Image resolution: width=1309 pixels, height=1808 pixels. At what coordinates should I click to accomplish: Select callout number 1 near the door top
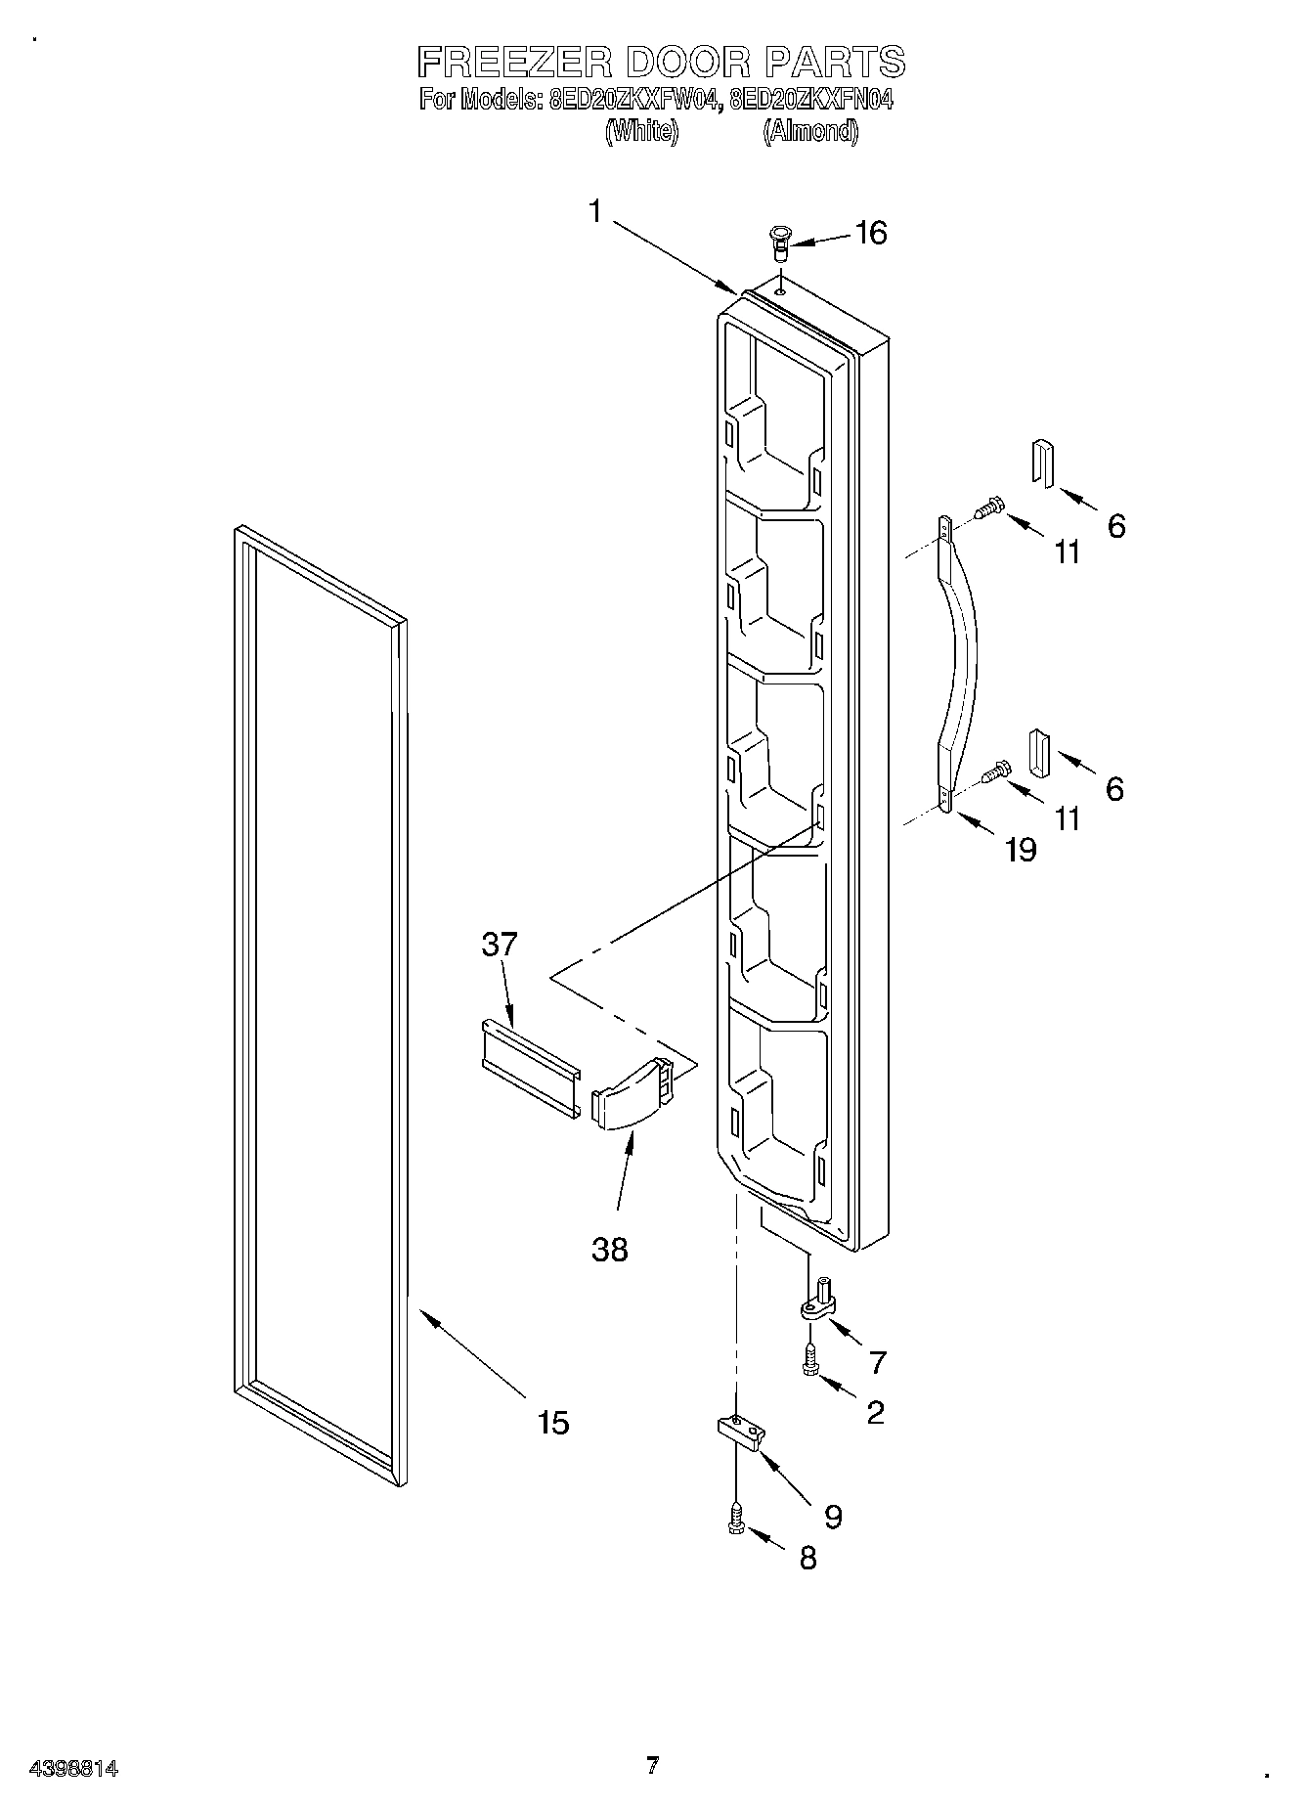click(x=596, y=212)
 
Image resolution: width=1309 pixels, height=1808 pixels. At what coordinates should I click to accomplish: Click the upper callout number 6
click(x=1115, y=526)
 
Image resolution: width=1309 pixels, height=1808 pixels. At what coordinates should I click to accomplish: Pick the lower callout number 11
click(x=1068, y=817)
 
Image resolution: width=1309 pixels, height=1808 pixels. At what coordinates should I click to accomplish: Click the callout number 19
click(x=1020, y=850)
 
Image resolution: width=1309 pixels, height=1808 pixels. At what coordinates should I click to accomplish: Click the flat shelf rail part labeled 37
click(x=530, y=1067)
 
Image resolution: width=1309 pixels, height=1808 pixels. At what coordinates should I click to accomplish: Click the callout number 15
click(x=553, y=1422)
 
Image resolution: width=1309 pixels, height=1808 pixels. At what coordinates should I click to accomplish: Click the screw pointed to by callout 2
click(x=809, y=1359)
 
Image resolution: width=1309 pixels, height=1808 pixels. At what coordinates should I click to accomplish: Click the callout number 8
click(x=807, y=1557)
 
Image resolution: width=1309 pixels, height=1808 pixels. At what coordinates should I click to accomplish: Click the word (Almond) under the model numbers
click(x=810, y=131)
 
